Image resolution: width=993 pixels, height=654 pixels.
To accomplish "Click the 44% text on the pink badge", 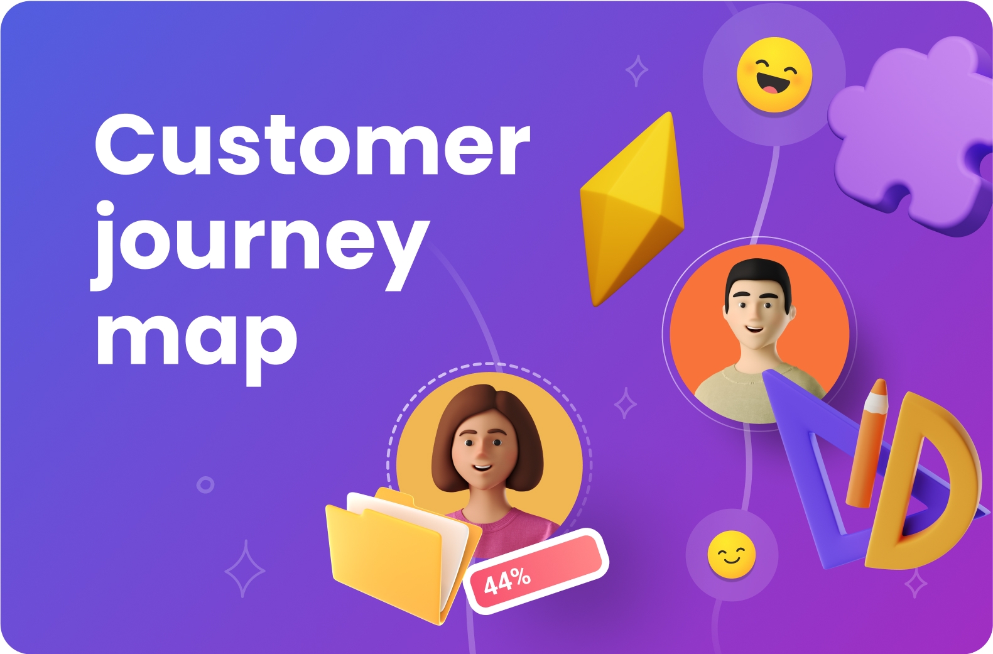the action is (x=507, y=581).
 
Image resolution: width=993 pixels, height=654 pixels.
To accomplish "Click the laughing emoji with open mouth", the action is (x=774, y=74).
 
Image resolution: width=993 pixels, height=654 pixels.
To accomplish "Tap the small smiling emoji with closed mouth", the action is (x=732, y=554).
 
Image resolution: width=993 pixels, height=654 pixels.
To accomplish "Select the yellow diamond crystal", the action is (x=632, y=209).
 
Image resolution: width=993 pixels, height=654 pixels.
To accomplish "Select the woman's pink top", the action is (x=510, y=530).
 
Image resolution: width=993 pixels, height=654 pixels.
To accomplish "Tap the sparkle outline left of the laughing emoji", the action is (x=637, y=70).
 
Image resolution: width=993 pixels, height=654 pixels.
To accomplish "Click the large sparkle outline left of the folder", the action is (x=245, y=569).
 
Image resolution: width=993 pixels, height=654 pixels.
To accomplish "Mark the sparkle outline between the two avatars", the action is (x=626, y=403).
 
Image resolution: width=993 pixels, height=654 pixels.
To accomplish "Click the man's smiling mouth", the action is (x=754, y=329).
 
